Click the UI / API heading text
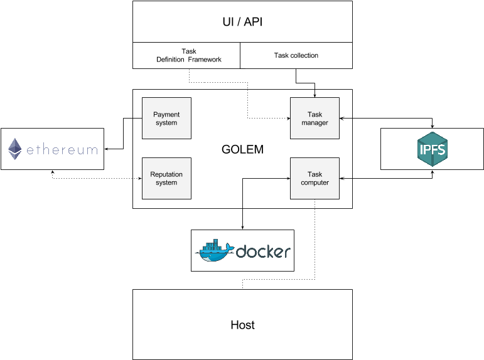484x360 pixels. (x=242, y=22)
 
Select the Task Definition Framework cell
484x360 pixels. (x=186, y=56)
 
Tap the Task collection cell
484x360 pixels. (x=296, y=55)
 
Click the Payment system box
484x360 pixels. (x=166, y=119)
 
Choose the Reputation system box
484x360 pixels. (x=166, y=179)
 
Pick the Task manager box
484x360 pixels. (x=315, y=119)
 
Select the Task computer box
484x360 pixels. (x=315, y=179)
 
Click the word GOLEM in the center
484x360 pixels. (x=242, y=150)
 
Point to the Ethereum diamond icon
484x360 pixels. (x=14, y=149)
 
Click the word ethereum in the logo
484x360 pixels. (x=61, y=150)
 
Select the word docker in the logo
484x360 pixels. (x=263, y=251)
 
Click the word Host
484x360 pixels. (x=242, y=325)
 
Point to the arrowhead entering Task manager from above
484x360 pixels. (x=315, y=95)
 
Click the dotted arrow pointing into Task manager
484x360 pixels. (x=287, y=119)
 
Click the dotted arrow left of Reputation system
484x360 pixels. (x=139, y=179)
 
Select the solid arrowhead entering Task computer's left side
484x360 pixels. (x=287, y=179)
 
